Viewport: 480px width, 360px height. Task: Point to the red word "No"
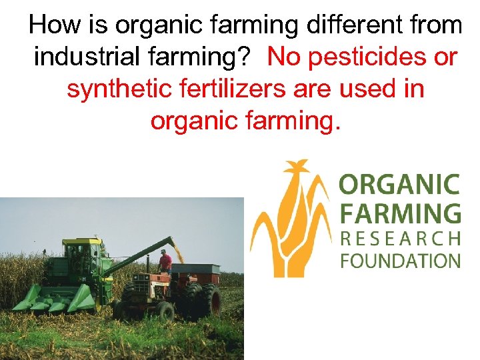285,57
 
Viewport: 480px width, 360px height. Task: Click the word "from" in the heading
431,25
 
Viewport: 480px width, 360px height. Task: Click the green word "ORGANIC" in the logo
399,184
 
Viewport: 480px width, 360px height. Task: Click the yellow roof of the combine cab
83,241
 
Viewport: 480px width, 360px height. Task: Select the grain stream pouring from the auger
177,254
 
